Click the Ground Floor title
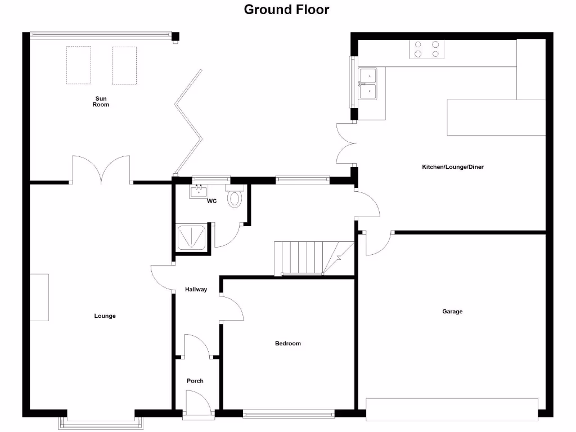click(286, 10)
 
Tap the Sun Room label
click(101, 102)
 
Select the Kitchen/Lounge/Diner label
click(453, 167)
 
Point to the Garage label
click(452, 311)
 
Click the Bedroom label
click(287, 343)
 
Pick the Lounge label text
click(105, 316)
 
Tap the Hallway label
click(196, 290)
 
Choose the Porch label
click(195, 381)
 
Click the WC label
click(212, 201)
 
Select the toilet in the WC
click(235, 197)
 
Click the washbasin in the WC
click(199, 192)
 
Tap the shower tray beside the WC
click(192, 236)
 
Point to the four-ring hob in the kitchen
click(426, 49)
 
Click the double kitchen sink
click(368, 83)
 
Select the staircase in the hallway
click(307, 258)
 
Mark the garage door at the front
click(452, 409)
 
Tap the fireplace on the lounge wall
click(39, 297)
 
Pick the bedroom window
click(288, 415)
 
